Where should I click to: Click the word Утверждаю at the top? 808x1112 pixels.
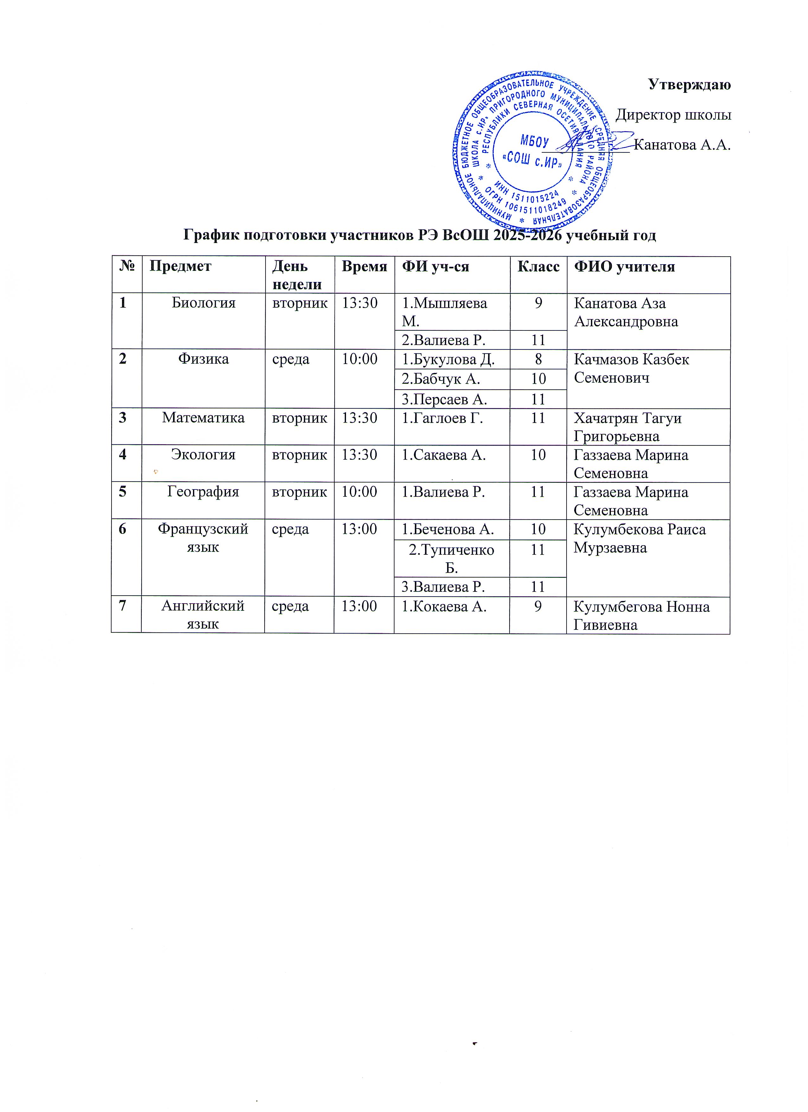tap(689, 84)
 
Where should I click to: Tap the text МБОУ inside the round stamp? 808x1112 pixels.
tap(534, 142)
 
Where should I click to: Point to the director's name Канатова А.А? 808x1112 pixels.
tap(682, 145)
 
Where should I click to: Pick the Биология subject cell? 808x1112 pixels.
tap(203, 303)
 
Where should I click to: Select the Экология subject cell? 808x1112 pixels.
tap(203, 455)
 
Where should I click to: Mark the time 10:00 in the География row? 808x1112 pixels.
tap(359, 492)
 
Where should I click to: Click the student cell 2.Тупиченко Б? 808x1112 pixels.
tap(452, 559)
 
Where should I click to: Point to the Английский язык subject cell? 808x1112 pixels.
tap(203, 615)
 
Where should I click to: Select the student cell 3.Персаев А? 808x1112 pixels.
tap(444, 399)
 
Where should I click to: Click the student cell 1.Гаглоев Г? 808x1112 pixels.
tap(442, 418)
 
